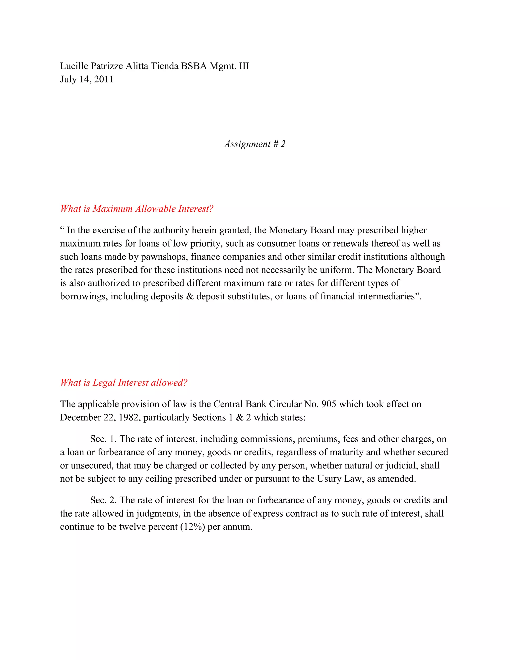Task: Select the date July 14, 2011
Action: (x=87, y=79)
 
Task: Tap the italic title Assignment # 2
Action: (x=255, y=144)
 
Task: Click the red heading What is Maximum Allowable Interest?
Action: (x=136, y=208)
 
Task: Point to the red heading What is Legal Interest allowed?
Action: (x=124, y=383)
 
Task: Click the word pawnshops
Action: (x=163, y=257)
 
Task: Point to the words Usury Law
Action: (x=340, y=479)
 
